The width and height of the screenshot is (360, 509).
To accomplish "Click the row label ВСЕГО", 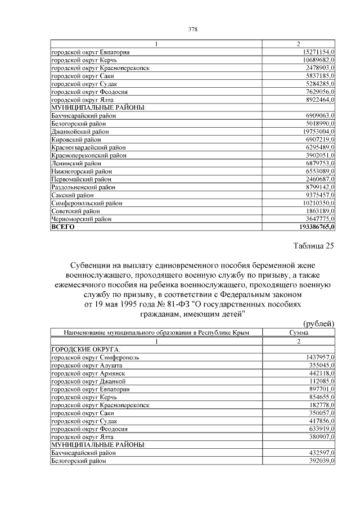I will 63,227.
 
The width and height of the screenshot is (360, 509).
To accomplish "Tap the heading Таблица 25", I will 314,246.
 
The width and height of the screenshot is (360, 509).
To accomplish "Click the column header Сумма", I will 299,333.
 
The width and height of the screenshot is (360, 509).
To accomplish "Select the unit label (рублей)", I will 318,323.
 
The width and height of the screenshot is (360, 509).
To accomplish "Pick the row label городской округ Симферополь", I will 95,357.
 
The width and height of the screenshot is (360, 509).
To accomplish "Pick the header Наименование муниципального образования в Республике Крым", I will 156,333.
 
